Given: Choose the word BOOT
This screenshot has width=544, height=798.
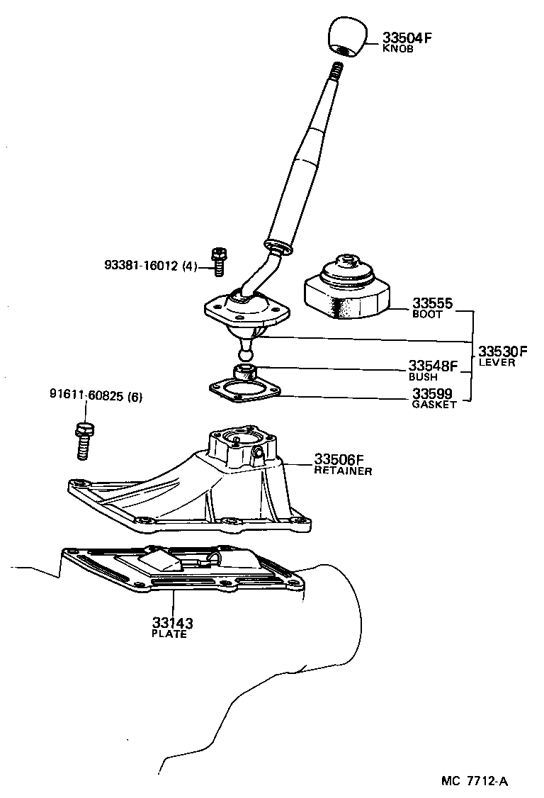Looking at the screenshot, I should (427, 315).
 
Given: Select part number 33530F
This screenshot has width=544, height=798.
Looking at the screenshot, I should (502, 352).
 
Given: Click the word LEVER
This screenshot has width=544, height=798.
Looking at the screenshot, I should (497, 363).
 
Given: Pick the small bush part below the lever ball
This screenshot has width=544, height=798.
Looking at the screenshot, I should (244, 371).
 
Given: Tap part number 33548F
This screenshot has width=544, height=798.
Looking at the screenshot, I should (433, 366).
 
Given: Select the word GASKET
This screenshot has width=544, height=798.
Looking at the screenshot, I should (434, 405).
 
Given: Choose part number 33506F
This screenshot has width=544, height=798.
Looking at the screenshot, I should (339, 459).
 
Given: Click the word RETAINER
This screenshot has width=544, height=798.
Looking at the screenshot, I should (343, 471).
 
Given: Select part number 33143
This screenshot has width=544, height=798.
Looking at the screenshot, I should (172, 624).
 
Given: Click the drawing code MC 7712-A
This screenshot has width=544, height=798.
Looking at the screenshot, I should (475, 782).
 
